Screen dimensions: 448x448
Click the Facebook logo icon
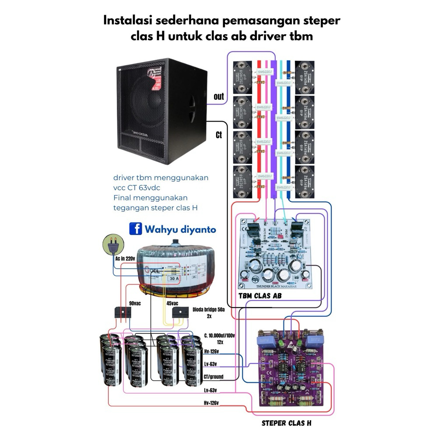coord(135,229)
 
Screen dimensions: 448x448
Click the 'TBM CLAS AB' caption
coord(260,296)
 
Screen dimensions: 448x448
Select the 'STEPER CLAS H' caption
coord(287,423)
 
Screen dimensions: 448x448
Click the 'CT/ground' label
coord(213,377)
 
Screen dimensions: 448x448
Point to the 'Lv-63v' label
coord(210,364)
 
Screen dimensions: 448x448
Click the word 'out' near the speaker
coord(219,96)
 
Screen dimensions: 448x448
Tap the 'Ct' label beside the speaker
coord(219,135)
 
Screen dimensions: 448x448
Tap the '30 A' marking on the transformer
coord(174,278)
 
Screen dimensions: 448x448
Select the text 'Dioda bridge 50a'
coord(209,310)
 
